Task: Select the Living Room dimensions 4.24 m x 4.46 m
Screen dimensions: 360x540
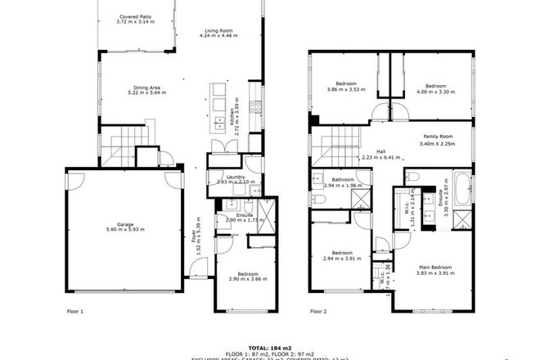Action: pyautogui.click(x=220, y=36)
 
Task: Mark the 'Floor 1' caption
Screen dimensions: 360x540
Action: pyautogui.click(x=75, y=312)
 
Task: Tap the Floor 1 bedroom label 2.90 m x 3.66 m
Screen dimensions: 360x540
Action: pyautogui.click(x=248, y=277)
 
